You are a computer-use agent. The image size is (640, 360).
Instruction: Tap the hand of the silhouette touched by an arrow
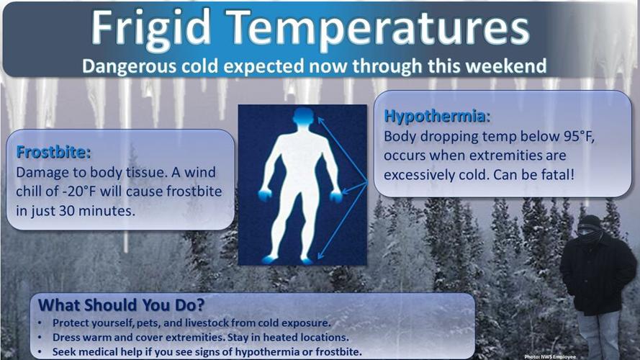pyautogui.click(x=335, y=197)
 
